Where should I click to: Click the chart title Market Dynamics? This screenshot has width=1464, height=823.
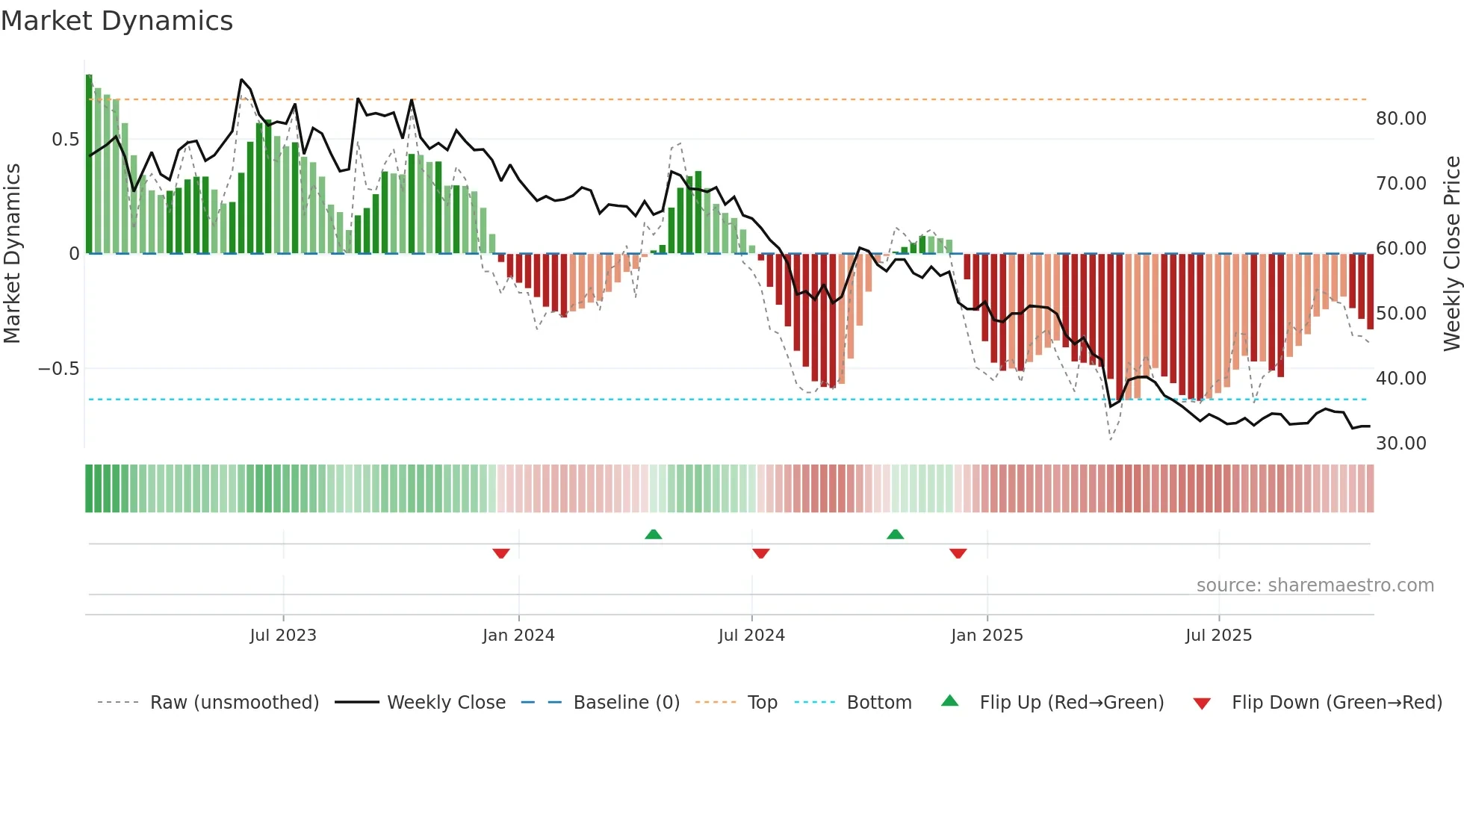tap(117, 21)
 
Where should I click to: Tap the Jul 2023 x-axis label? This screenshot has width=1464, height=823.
tap(283, 636)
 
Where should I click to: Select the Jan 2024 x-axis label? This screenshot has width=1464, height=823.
tap(518, 636)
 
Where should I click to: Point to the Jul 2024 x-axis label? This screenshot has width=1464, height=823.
tap(751, 636)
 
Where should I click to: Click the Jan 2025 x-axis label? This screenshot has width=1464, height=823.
tap(987, 636)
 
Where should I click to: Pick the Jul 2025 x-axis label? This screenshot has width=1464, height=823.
tap(1218, 636)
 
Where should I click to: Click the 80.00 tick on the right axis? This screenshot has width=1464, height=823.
tap(1401, 119)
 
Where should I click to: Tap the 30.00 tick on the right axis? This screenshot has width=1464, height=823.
tap(1401, 444)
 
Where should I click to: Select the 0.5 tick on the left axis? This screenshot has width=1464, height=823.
tap(65, 140)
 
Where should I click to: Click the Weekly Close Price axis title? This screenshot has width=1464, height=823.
tap(1451, 254)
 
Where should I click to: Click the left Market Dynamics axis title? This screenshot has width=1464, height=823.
tap(12, 254)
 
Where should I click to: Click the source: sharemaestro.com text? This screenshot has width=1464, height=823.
tap(1315, 586)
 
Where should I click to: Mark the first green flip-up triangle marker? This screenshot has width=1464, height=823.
tap(654, 534)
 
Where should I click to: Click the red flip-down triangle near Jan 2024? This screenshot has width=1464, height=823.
tap(501, 553)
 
